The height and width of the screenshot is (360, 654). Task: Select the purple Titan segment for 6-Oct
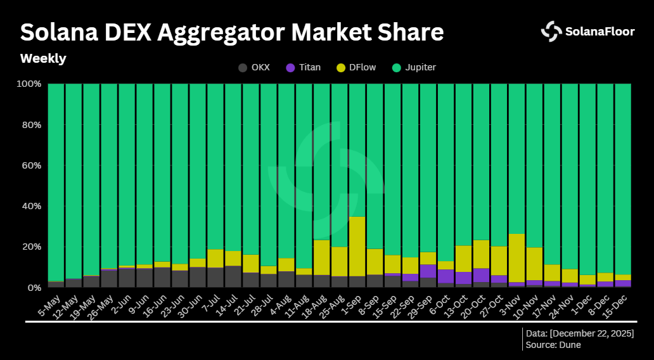tap(446, 276)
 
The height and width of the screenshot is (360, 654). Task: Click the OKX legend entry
tap(253, 67)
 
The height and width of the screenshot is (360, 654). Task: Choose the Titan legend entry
tap(303, 67)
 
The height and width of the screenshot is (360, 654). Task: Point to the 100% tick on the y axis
tap(29, 84)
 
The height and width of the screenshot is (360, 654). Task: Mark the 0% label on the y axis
tap(34, 287)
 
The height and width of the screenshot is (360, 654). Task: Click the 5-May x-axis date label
tap(49, 303)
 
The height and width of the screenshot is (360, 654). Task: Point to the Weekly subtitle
tap(43, 58)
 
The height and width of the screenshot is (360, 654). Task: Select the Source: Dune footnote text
tap(553, 345)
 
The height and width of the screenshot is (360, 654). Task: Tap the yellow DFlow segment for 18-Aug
tap(321, 257)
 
